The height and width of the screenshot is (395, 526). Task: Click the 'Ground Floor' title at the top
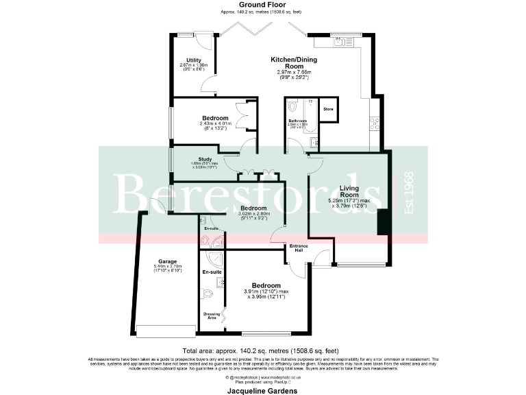(x=263, y=4)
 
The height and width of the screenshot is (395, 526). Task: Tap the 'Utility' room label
(x=184, y=60)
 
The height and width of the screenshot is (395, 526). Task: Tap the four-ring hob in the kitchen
(x=375, y=123)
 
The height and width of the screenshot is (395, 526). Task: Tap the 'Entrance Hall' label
(x=299, y=248)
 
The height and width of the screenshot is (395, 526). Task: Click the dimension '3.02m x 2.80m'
(x=253, y=213)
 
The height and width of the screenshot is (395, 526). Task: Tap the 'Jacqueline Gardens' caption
(x=263, y=390)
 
